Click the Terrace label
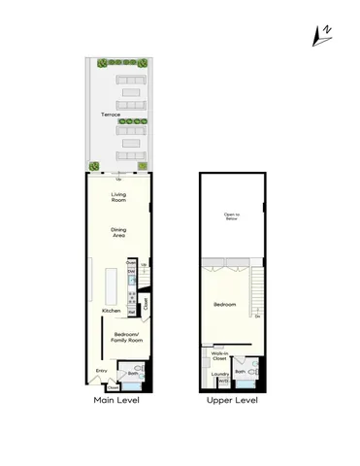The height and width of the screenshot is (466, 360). coord(112,115)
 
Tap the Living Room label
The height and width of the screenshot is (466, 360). coord(119,198)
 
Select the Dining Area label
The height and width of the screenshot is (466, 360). coord(119,233)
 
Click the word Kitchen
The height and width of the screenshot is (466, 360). coord(112,311)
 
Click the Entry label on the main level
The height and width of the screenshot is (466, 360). coord(100,371)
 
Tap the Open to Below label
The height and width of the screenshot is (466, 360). coord(231,217)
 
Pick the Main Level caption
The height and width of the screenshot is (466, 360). coord(115,399)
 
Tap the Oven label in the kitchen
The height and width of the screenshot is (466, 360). coord(130,263)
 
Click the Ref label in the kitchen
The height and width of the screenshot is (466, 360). coord(130,313)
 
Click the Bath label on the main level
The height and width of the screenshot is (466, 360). coord(134,372)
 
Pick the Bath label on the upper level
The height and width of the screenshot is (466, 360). coord(240,372)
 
